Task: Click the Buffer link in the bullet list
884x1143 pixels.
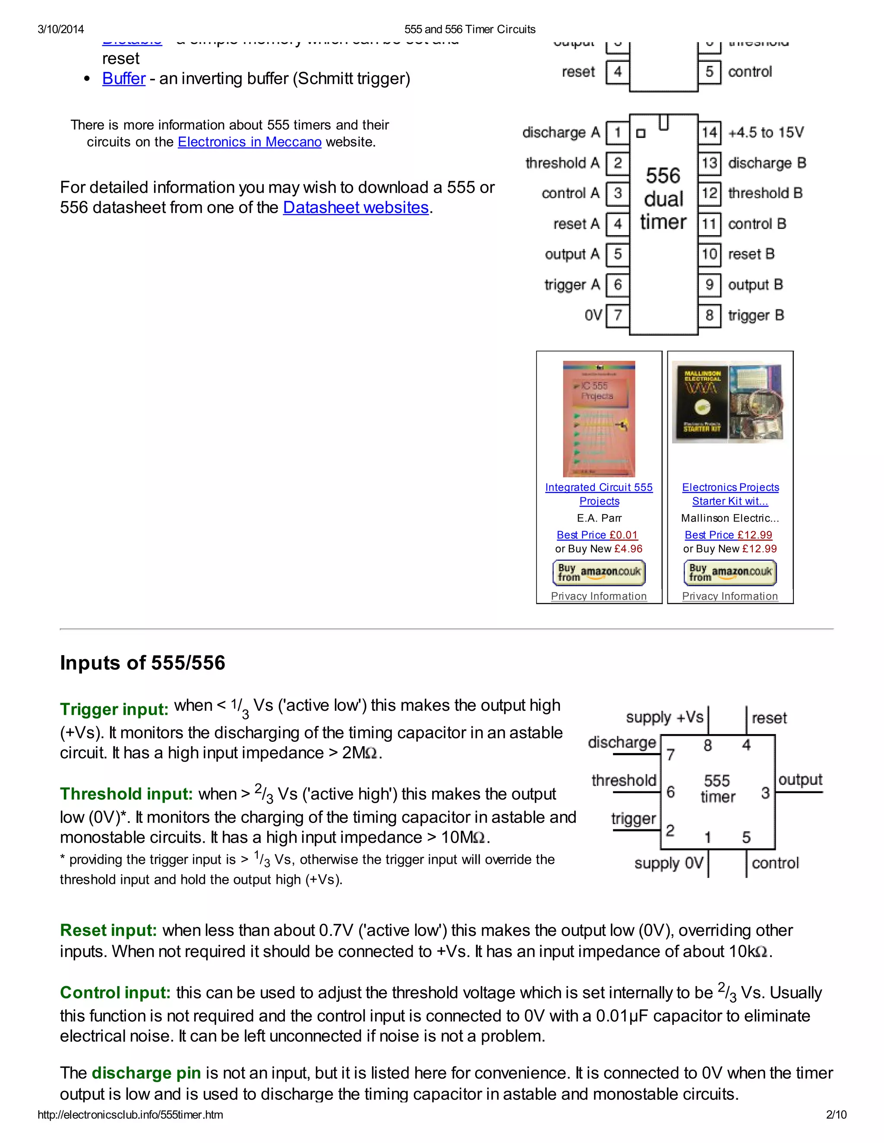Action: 123,79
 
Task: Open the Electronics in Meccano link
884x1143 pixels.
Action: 249,142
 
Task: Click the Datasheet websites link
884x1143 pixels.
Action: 356,208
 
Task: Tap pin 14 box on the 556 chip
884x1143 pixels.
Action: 709,132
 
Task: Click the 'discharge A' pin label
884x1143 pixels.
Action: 561,132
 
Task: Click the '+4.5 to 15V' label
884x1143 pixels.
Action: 766,132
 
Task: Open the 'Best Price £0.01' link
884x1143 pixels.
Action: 597,535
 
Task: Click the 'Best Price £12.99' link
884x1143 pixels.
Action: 728,535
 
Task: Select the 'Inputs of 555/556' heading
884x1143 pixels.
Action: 142,663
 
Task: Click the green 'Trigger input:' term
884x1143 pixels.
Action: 114,710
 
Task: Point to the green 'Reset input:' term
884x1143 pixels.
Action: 108,930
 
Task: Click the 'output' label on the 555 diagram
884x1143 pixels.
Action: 800,780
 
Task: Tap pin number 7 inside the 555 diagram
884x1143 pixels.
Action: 670,755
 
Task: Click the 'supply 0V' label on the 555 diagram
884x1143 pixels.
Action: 668,863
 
